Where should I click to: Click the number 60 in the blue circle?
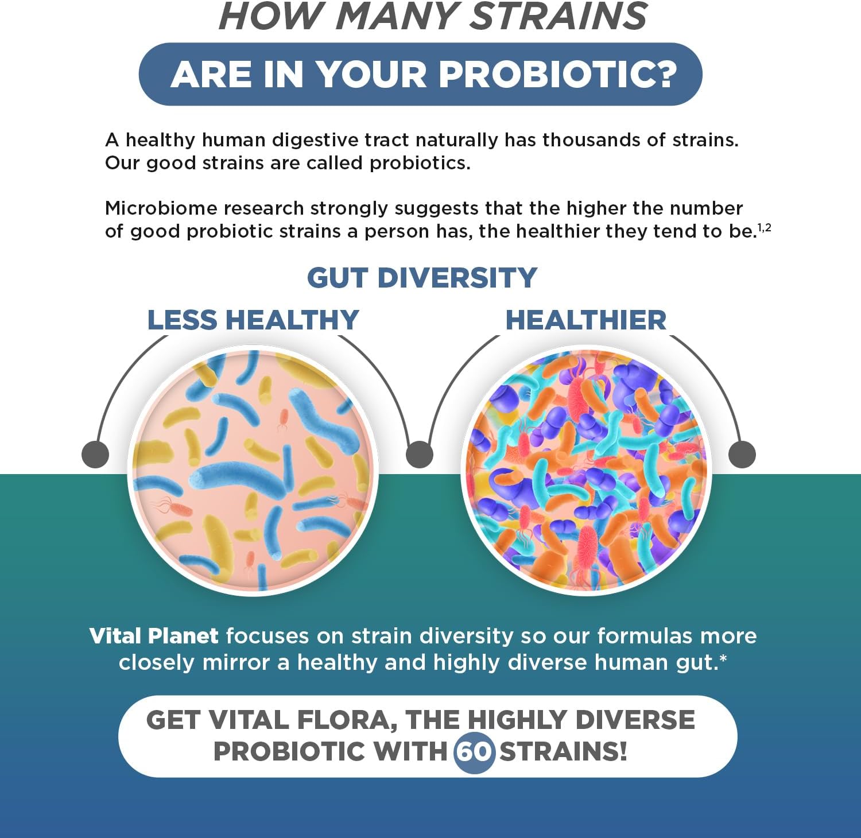pyautogui.click(x=474, y=751)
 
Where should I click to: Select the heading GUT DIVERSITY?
pyautogui.click(x=422, y=278)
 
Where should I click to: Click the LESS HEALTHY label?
pyautogui.click(x=253, y=320)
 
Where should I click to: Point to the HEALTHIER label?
pyautogui.click(x=585, y=320)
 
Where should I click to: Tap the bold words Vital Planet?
pyautogui.click(x=154, y=636)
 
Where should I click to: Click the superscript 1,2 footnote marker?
pyautogui.click(x=764, y=228)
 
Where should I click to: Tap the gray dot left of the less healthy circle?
pyautogui.click(x=95, y=454)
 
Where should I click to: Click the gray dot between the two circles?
pyautogui.click(x=419, y=454)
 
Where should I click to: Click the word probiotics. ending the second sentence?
pyautogui.click(x=420, y=163)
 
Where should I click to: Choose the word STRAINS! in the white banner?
pyautogui.click(x=563, y=751)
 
